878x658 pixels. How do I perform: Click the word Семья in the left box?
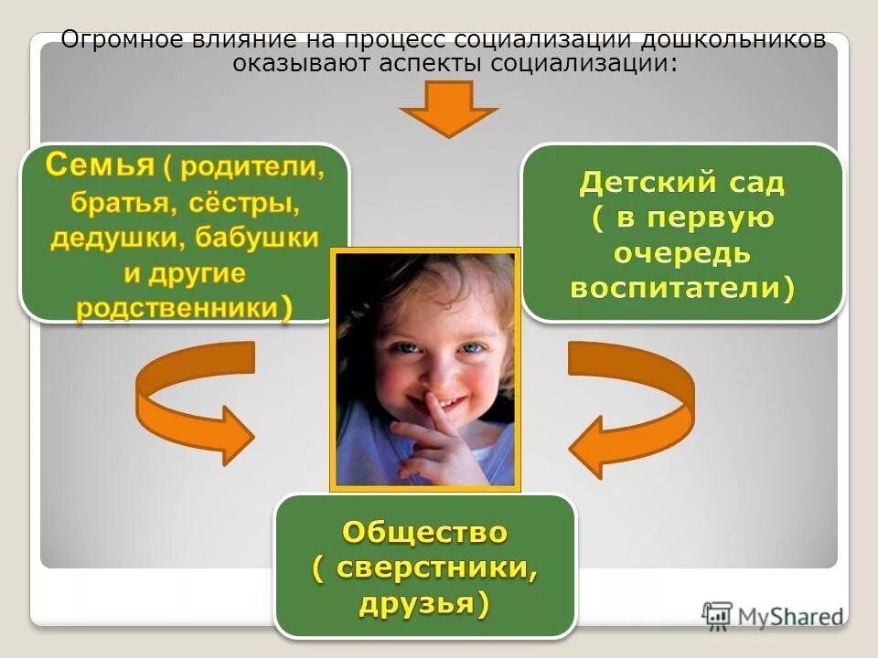99,166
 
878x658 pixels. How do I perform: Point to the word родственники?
176,307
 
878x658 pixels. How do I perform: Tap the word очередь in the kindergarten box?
682,253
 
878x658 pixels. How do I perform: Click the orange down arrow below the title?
448,109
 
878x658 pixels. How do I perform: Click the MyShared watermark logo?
773,616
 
